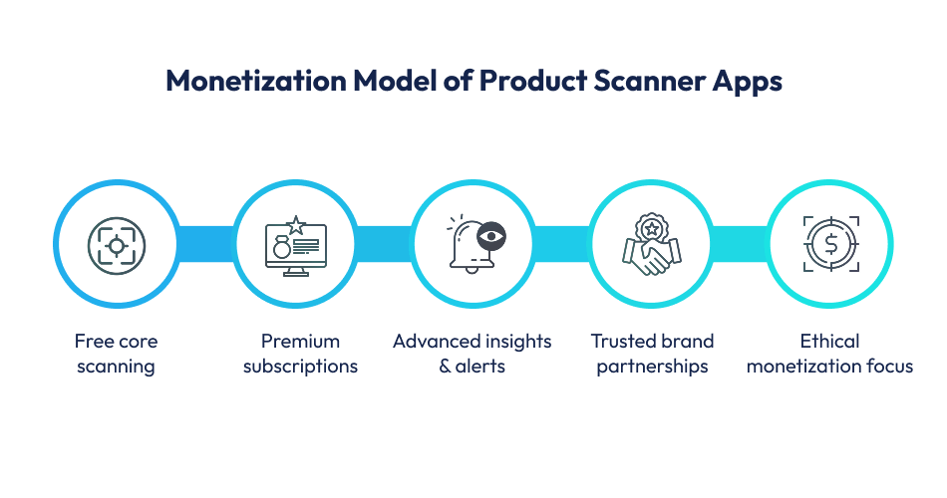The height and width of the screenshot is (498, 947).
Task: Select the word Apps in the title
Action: pos(748,81)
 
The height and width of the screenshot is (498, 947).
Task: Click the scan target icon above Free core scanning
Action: pos(117,244)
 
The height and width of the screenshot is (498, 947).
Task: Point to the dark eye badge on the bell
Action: pos(491,236)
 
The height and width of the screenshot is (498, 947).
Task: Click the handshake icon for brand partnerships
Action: pos(650,257)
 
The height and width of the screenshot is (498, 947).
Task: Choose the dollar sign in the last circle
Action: pos(829,244)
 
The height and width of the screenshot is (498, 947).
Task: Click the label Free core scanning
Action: pos(116,354)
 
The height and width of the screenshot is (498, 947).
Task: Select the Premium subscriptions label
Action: pos(295,354)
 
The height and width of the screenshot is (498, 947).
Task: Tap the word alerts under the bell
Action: pos(481,367)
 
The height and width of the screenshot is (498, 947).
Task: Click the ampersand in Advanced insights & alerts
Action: pos(446,367)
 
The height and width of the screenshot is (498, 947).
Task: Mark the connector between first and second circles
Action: pos(205,244)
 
